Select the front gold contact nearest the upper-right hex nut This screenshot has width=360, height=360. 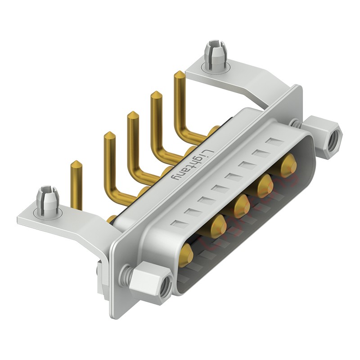288,165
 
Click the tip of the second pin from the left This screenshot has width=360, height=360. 109,135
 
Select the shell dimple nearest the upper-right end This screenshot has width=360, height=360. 273,142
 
